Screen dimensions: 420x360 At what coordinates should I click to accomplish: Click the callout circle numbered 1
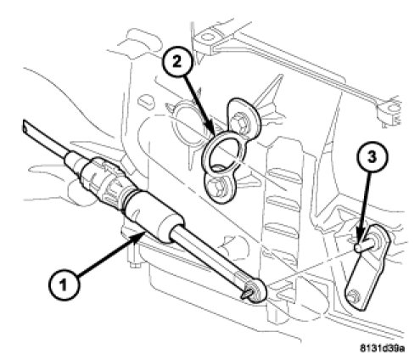pyautogui.click(x=64, y=284)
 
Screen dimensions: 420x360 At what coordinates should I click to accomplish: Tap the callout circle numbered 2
pyautogui.click(x=177, y=62)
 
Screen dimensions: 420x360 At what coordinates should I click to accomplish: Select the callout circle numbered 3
pyautogui.click(x=372, y=157)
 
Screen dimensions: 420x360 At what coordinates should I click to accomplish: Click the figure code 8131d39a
pyautogui.click(x=382, y=348)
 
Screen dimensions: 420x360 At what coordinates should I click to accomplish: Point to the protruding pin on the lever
pyautogui.click(x=365, y=245)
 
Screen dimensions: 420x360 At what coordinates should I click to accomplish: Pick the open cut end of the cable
pyautogui.click(x=26, y=127)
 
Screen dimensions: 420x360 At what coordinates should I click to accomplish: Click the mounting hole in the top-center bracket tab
pyautogui.click(x=208, y=37)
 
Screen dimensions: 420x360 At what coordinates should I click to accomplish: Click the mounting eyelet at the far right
pyautogui.click(x=392, y=108)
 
